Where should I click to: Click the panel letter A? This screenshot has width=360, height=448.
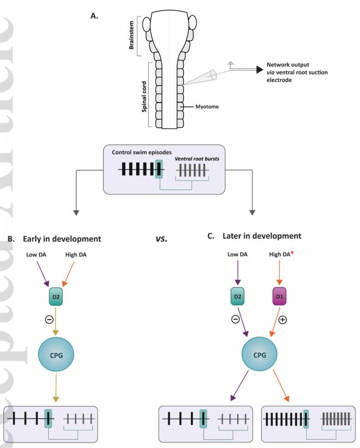coord(93,17)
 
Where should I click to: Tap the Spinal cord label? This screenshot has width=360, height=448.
coord(132,95)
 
